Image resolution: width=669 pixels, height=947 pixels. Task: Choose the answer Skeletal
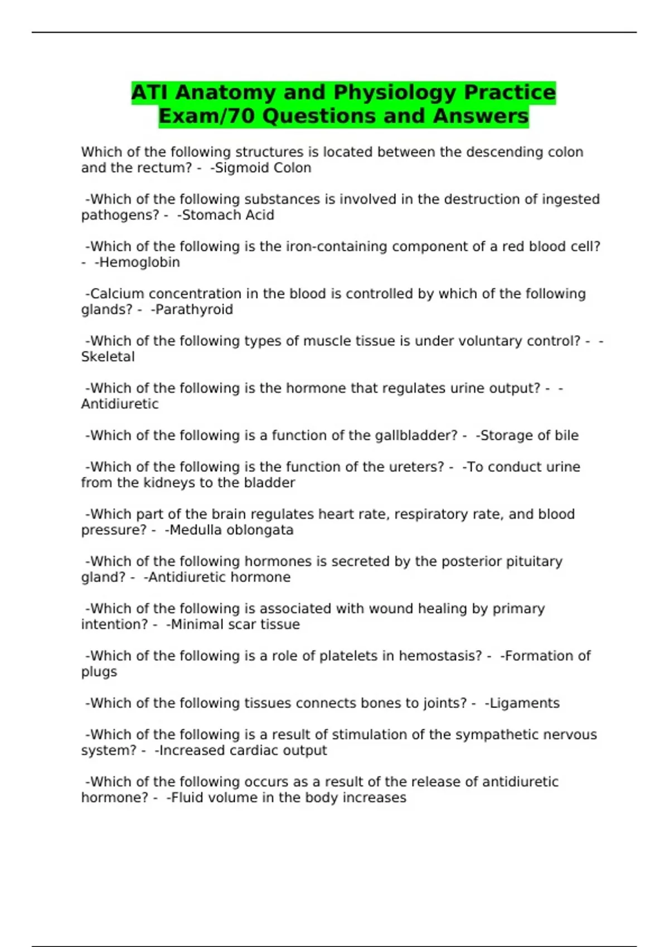pyautogui.click(x=108, y=357)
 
